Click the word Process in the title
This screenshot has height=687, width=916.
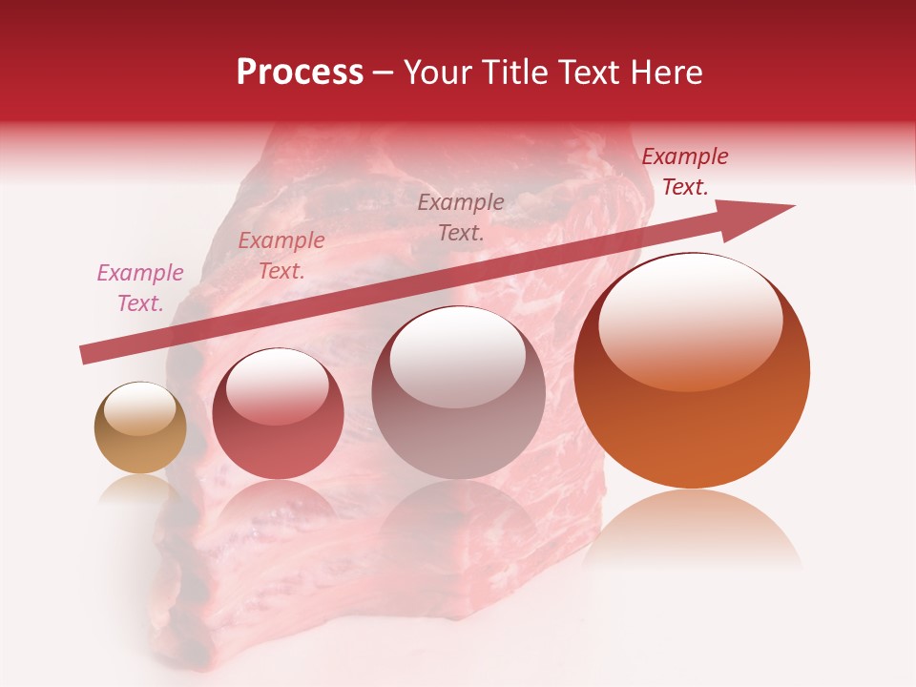pos(300,73)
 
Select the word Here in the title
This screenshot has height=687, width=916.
pos(664,73)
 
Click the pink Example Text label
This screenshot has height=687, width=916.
pos(140,288)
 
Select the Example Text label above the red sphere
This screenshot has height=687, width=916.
pos(281,256)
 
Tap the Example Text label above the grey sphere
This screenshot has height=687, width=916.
pos(461,217)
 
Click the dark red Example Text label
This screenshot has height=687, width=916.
pos(684,172)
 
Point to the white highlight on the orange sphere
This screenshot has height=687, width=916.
pos(690,321)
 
